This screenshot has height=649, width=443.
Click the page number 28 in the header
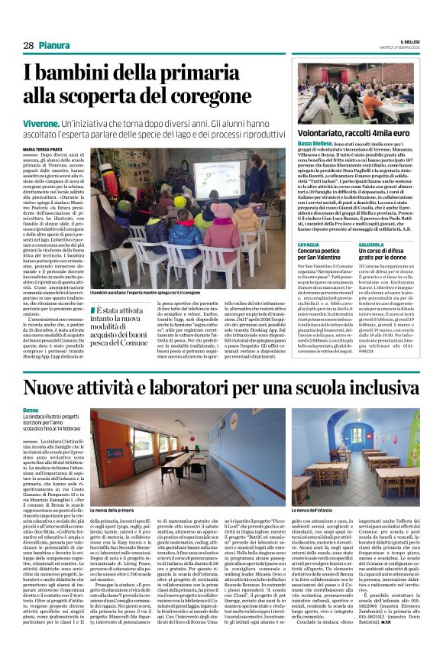[x=27, y=46]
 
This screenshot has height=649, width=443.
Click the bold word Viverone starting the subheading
[x=41, y=122]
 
